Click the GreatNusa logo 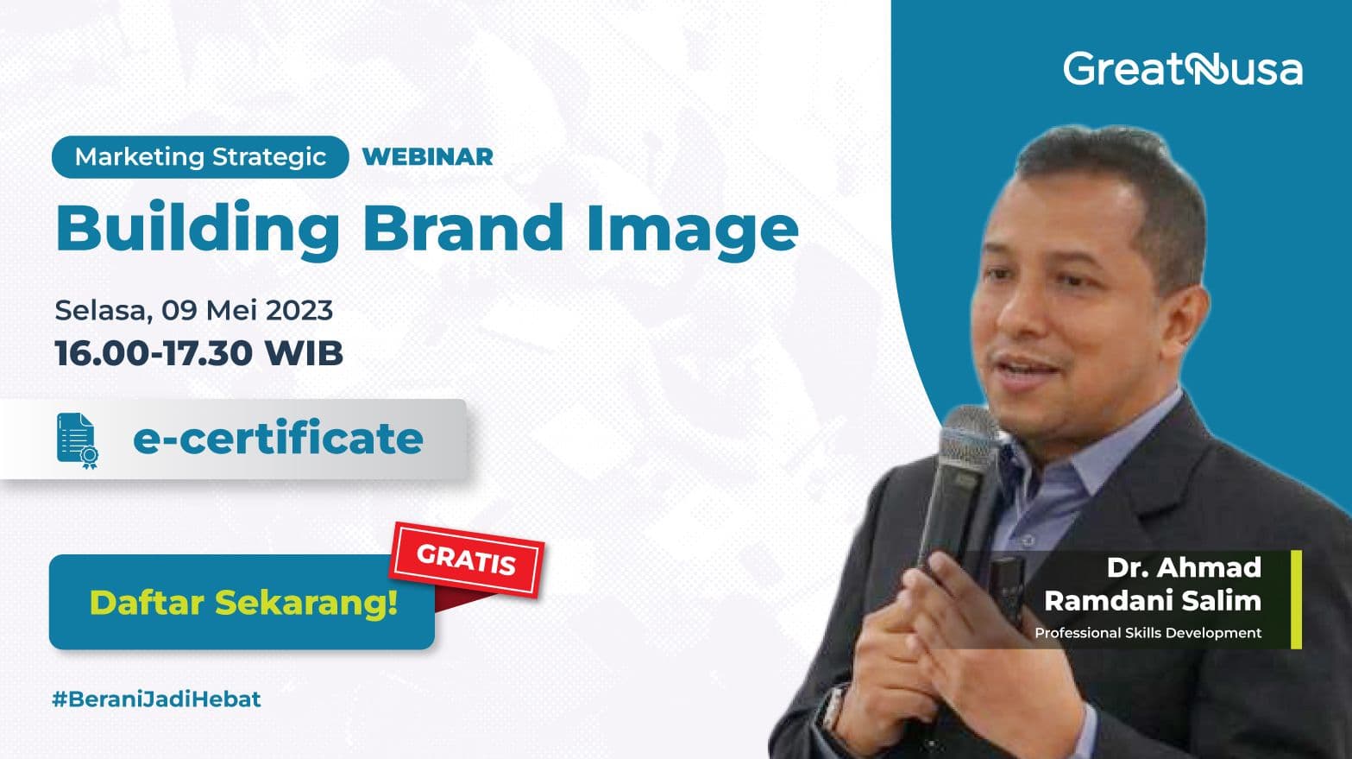click(x=1182, y=69)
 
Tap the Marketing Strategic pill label click(x=200, y=157)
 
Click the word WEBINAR click(x=428, y=157)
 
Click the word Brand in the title click(x=462, y=227)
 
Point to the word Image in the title click(x=692, y=229)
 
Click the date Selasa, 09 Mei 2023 click(x=193, y=310)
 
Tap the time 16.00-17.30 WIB click(x=198, y=353)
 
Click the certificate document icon click(x=77, y=440)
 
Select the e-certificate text click(x=278, y=439)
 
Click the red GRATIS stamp click(x=467, y=560)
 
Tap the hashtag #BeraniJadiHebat click(x=156, y=699)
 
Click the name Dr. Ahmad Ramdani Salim click(x=1153, y=584)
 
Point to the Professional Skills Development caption click(x=1148, y=633)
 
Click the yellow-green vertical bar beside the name click(x=1296, y=599)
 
